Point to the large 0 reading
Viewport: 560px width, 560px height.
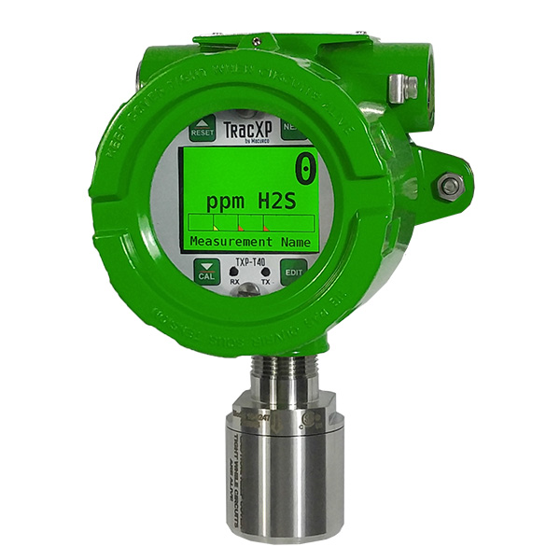tap(305, 172)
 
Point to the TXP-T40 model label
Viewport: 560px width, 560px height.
tap(250, 265)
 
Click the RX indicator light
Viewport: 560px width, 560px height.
tap(234, 273)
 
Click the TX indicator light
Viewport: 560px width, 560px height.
tap(265, 273)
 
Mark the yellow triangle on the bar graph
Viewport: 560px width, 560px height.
tap(214, 227)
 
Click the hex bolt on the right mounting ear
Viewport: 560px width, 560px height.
tap(450, 186)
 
